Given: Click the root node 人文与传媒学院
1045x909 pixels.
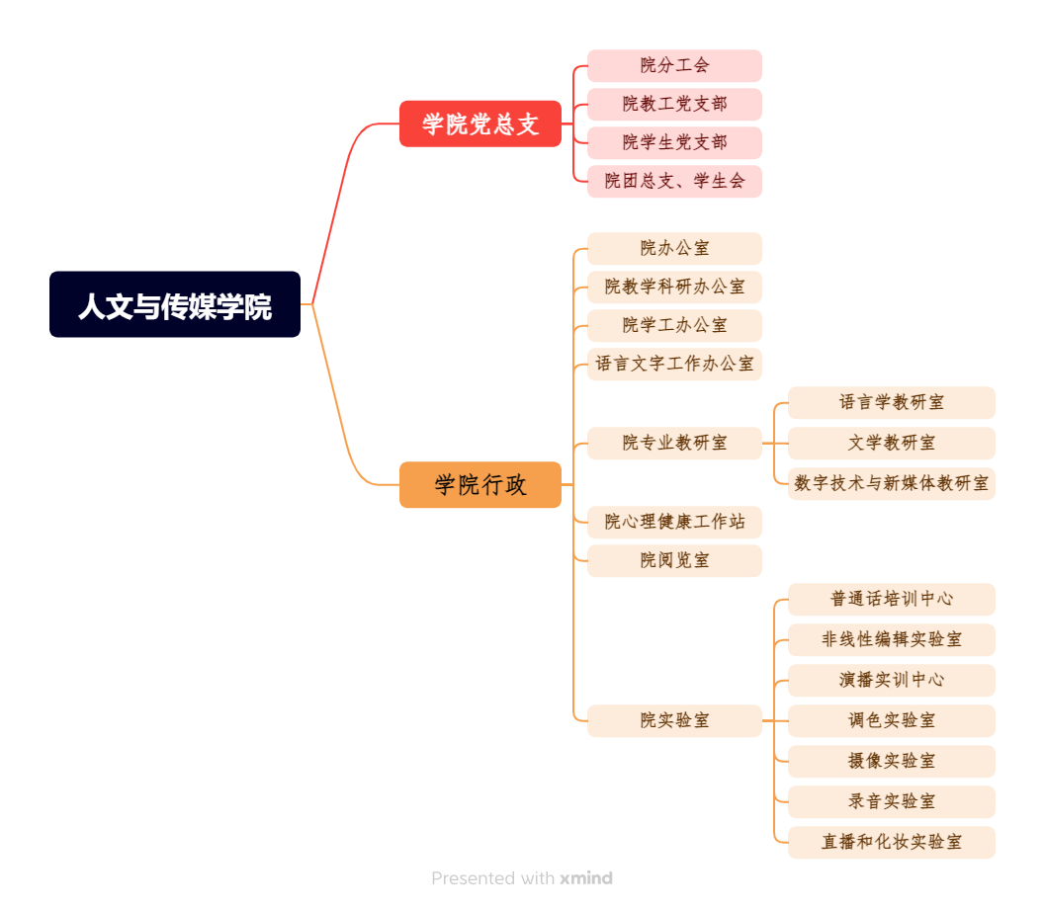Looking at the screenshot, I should tap(175, 304).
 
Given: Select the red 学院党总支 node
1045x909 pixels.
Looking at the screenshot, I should tap(480, 124).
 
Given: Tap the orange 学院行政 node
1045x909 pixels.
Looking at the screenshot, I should tap(480, 485).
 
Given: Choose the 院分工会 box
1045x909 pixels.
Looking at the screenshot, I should tap(674, 65).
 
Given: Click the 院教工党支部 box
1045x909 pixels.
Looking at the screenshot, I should tap(674, 104).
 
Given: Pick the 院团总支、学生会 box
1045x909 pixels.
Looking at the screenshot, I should tap(674, 181).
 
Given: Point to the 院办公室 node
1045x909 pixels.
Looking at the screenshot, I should tap(674, 248).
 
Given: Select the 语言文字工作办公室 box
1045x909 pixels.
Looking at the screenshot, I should tap(674, 364).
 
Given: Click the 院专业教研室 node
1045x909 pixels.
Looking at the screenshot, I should tap(674, 443).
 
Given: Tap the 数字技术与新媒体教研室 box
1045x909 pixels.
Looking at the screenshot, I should tap(891, 483).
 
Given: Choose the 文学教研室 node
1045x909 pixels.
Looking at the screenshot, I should tap(891, 443).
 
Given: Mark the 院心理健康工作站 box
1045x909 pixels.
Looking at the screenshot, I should tap(674, 522).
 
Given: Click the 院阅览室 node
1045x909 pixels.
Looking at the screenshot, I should tap(674, 560).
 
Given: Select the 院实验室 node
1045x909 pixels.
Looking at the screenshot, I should tap(674, 720).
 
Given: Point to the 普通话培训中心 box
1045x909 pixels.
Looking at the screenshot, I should tap(891, 599).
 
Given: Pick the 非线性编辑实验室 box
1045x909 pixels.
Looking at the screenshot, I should tap(891, 639).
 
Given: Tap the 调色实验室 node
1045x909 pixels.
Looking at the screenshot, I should tap(891, 720).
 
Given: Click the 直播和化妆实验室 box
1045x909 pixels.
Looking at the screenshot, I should tap(891, 842).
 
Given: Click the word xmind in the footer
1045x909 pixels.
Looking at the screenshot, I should tap(586, 878).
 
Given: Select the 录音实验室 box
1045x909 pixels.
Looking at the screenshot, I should tap(891, 801).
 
